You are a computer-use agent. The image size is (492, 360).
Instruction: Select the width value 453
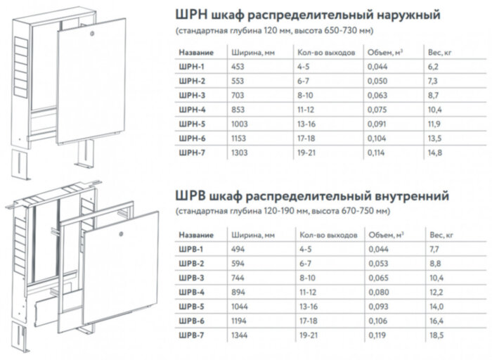pos(238,67)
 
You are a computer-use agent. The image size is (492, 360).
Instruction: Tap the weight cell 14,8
pos(435,153)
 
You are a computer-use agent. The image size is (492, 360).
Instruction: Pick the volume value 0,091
pos(377,124)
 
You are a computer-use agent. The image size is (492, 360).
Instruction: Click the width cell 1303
pos(240,153)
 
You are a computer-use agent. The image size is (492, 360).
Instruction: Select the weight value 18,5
pos(436,335)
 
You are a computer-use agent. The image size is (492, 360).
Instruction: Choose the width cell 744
pos(238,278)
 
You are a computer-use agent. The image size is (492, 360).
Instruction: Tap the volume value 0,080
pos(379,292)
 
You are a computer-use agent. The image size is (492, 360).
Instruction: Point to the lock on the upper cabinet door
pos(92,33)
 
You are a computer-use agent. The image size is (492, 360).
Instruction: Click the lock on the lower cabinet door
pos(122,233)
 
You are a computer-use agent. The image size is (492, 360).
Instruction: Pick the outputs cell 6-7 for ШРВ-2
pos(305,264)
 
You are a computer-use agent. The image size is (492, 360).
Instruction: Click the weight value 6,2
pos(434,67)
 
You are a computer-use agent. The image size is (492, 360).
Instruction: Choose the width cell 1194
pos(239,321)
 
